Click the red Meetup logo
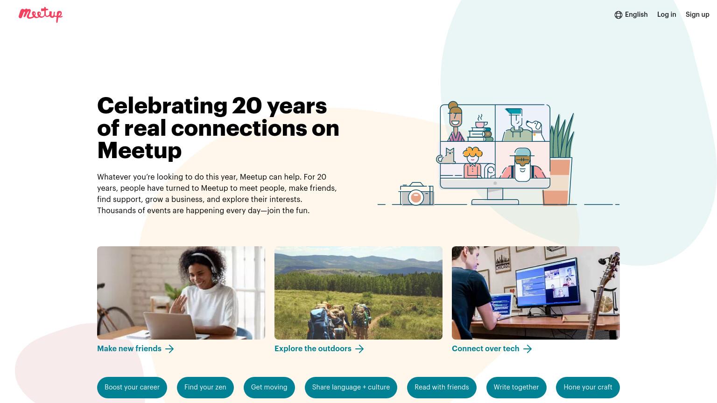tap(41, 14)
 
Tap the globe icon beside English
tap(618, 15)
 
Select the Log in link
tap(667, 14)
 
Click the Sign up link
tap(697, 15)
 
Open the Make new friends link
tap(135, 348)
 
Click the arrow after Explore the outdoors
tap(359, 348)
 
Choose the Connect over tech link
tap(492, 348)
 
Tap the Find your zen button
tap(205, 387)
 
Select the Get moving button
tap(269, 387)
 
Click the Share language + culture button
tap(351, 387)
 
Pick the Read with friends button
tap(442, 387)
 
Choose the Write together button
tap(516, 387)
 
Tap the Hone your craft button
tap(588, 387)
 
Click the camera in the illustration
tap(416, 194)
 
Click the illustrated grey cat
tap(446, 156)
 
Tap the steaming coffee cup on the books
tap(480, 122)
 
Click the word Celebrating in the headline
tap(162, 105)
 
